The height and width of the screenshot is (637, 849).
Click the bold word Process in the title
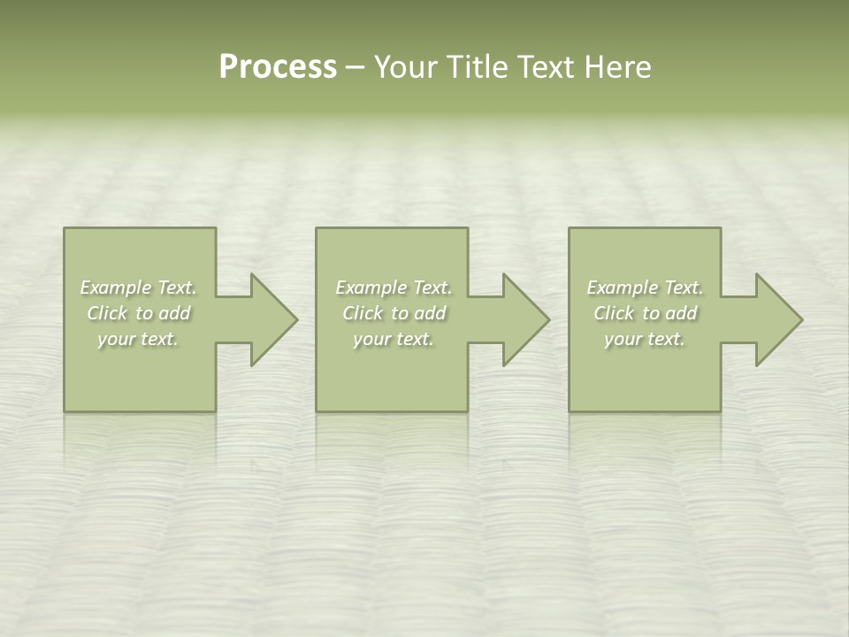[278, 67]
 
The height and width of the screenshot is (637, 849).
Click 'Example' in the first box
[115, 288]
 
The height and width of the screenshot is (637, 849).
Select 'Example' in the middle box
[371, 288]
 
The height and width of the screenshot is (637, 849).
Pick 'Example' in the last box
[622, 288]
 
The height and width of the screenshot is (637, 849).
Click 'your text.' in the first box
[138, 339]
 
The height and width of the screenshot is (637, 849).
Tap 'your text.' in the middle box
[393, 339]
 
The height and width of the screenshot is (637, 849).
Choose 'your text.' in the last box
[645, 339]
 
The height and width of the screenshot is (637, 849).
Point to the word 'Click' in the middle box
[363, 313]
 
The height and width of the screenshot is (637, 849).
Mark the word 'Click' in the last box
[614, 313]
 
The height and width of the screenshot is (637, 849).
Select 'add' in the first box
[175, 313]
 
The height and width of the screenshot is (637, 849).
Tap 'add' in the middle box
[431, 313]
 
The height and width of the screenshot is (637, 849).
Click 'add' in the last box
[682, 313]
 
